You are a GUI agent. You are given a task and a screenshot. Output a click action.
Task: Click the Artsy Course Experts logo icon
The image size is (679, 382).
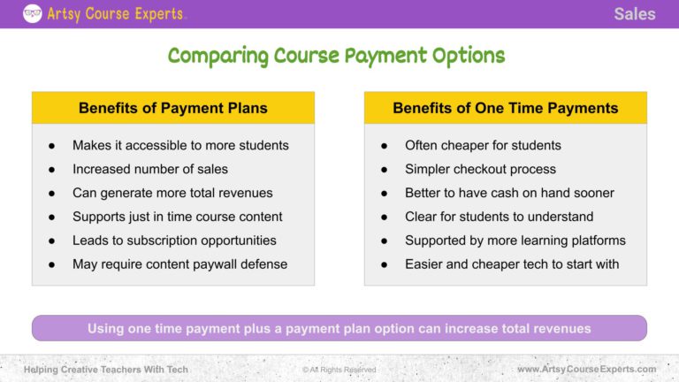tap(32, 13)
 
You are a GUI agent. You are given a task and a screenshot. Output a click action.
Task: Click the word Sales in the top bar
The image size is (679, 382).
tap(635, 13)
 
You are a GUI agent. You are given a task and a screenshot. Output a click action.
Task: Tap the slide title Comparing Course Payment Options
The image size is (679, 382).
tap(336, 56)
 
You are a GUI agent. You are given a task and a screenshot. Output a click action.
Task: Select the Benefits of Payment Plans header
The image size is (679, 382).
tap(173, 108)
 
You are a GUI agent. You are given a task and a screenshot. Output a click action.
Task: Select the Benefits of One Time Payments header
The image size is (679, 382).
tap(505, 108)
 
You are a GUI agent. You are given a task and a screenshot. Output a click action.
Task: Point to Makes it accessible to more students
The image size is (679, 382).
tap(180, 145)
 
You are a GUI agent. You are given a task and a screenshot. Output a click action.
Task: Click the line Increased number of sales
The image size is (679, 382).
tap(150, 169)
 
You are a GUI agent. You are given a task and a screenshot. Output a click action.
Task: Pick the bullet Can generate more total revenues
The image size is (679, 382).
tap(172, 193)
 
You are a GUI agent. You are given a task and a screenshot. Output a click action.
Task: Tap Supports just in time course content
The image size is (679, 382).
tap(178, 217)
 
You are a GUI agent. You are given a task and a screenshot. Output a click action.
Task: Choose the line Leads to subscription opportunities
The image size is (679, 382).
tap(174, 241)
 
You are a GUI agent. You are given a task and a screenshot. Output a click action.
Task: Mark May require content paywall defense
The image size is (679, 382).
tap(179, 264)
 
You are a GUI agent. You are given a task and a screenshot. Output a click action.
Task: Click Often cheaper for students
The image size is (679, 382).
tap(483, 145)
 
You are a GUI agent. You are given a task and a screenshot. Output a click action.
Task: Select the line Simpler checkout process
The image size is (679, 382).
tap(480, 169)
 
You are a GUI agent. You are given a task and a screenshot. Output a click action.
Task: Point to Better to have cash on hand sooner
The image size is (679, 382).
tap(509, 193)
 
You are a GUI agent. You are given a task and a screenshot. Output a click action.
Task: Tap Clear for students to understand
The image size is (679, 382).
tap(499, 217)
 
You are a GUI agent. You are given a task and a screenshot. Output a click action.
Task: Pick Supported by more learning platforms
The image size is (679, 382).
tap(515, 241)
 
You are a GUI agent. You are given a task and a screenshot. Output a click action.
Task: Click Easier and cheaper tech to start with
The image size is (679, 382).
tap(512, 264)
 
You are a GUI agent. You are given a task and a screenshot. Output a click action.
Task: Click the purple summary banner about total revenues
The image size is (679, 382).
tap(339, 328)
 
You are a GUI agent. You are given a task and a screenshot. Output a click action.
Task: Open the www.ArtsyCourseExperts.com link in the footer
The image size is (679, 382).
tap(586, 369)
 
